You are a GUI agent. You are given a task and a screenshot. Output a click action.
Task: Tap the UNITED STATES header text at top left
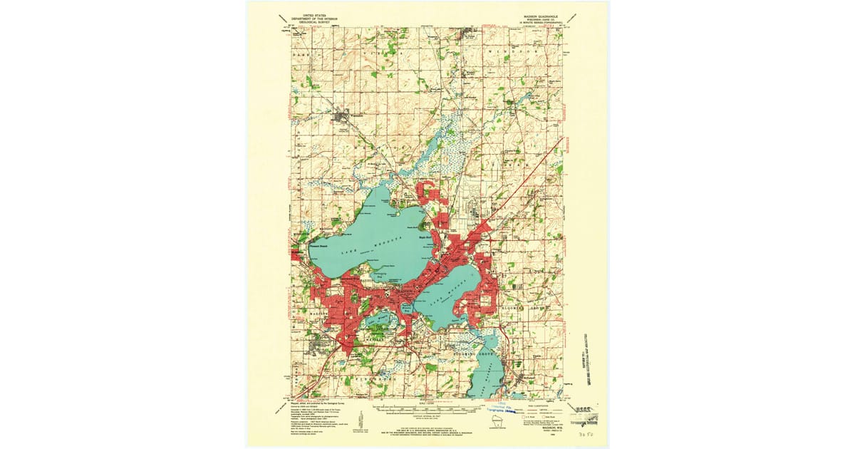(318, 14)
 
